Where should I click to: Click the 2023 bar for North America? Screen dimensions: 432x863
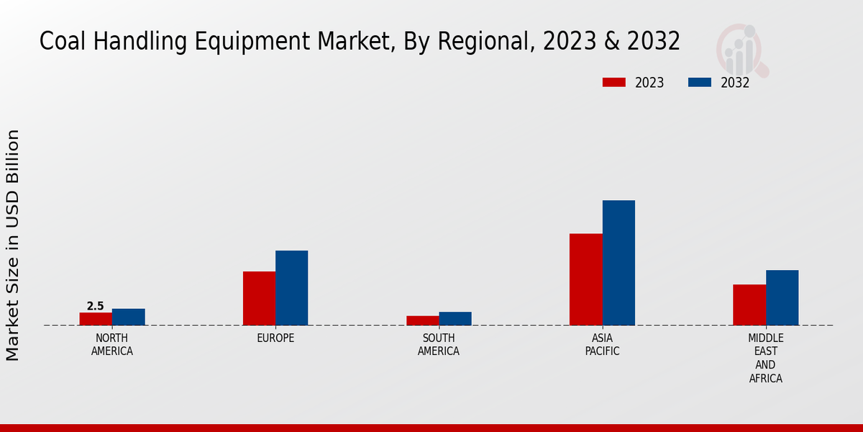point(96,319)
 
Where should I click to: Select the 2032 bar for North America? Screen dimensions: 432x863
point(129,317)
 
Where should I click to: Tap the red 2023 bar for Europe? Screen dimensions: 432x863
point(259,298)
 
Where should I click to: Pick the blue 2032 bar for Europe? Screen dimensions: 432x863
point(292,288)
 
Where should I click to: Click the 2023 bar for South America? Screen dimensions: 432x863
point(422,320)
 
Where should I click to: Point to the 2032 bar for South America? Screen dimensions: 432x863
point(455,318)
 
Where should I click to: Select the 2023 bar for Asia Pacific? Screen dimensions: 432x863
point(586,279)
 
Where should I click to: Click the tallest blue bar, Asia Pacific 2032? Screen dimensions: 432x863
point(618,263)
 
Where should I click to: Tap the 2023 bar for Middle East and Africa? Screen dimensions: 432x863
point(749,305)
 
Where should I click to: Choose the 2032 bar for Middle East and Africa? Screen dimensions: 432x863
point(782,297)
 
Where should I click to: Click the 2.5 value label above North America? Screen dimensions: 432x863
point(96,306)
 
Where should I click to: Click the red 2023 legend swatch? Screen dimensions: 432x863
point(614,82)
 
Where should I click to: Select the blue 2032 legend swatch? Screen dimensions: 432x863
point(700,82)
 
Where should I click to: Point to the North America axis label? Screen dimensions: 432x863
point(112,345)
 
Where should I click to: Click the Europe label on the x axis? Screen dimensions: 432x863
point(275,338)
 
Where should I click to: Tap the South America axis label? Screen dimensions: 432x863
point(439,345)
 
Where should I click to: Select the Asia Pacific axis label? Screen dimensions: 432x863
point(603,345)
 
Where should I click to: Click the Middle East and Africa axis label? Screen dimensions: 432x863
point(766,358)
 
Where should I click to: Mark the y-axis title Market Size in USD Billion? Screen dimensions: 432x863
point(13,245)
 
